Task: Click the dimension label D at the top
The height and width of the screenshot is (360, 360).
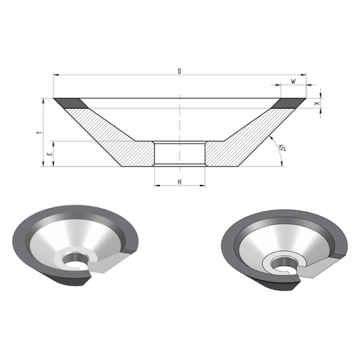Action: pyautogui.click(x=179, y=71)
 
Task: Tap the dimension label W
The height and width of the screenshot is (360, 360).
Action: pyautogui.click(x=293, y=82)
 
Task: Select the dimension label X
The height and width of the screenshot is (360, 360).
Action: pyautogui.click(x=317, y=103)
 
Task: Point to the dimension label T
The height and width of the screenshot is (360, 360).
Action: pyautogui.click(x=40, y=132)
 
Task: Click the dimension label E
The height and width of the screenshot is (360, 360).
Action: pyautogui.click(x=49, y=154)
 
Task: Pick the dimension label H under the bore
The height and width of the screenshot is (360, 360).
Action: pyautogui.click(x=179, y=182)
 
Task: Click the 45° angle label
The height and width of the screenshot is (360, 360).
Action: pyautogui.click(x=282, y=148)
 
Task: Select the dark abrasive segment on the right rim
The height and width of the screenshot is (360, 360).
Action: pyautogui.click(x=288, y=103)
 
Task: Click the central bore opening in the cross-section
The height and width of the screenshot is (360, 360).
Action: pyautogui.click(x=179, y=153)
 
